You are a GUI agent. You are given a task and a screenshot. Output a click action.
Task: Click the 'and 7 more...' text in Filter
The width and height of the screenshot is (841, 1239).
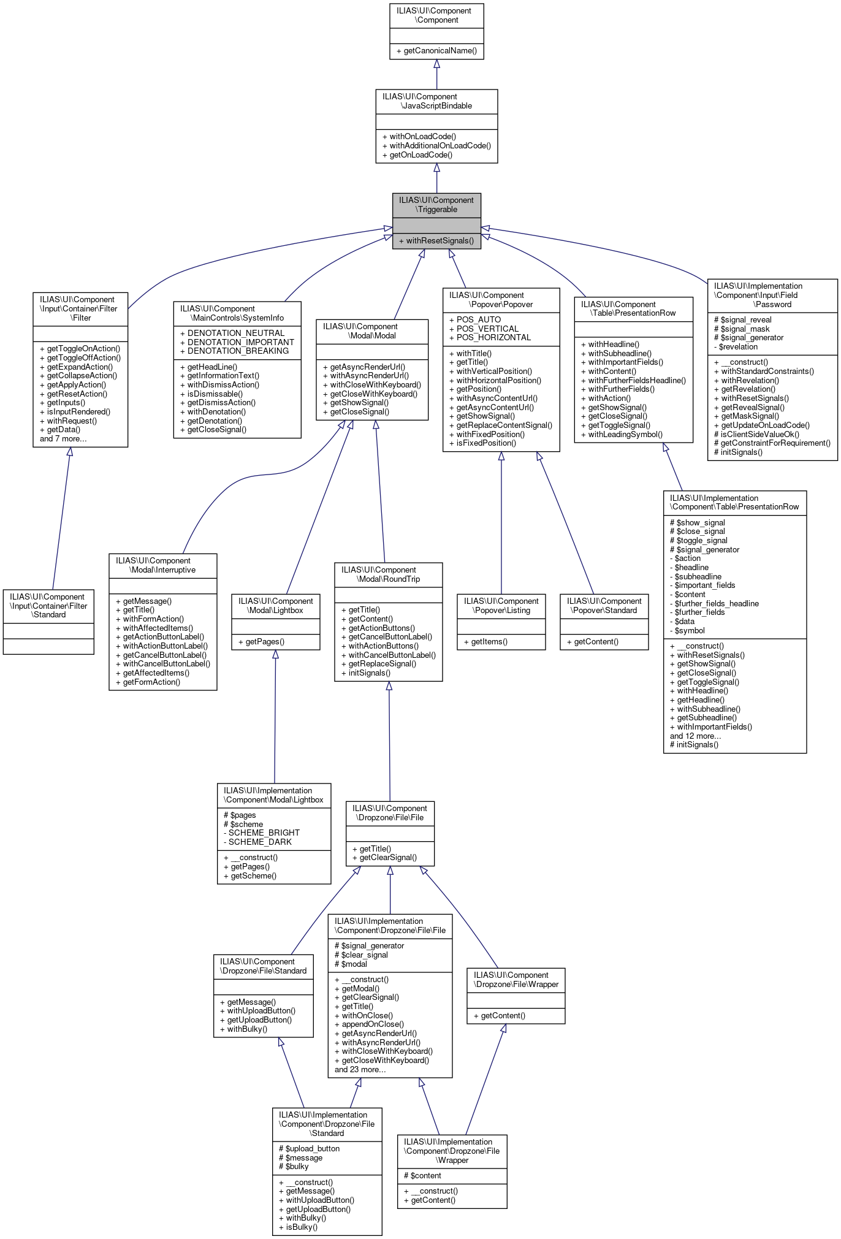(63, 439)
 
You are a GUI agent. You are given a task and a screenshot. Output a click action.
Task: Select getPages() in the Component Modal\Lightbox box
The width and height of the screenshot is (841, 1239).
(265, 642)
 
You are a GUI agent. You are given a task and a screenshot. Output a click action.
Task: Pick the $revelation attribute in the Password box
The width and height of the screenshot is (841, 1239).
(738, 347)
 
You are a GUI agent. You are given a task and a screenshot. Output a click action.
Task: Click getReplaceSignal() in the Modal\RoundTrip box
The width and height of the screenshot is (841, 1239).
(382, 664)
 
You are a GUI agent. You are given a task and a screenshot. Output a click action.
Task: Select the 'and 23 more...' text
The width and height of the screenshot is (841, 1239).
(360, 1070)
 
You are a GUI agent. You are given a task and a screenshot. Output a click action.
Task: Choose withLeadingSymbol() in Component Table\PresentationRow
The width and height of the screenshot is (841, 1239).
(625, 435)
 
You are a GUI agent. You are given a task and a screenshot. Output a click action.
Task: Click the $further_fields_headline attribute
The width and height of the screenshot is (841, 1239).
(717, 604)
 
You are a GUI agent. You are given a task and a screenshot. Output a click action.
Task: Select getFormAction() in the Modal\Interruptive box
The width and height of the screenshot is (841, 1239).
(151, 682)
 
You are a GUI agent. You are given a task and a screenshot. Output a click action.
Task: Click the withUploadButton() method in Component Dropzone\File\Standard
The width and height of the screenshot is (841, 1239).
(261, 1011)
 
